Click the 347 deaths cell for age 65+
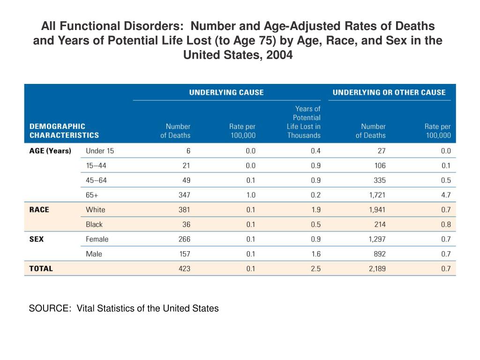point(184,195)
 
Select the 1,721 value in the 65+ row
point(377,195)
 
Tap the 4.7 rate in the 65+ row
point(446,195)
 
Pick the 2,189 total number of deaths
point(377,269)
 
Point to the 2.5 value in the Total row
point(315,269)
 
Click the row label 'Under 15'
point(100,151)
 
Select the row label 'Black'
point(94,225)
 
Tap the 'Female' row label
point(97,239)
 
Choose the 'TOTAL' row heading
point(41,269)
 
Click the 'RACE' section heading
point(39,210)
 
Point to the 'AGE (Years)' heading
point(50,151)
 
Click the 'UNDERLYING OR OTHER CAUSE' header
point(389,92)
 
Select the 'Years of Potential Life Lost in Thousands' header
point(304,122)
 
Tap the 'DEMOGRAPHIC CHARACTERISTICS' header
point(64,131)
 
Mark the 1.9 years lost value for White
point(315,210)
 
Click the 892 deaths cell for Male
point(380,254)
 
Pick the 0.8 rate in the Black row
point(446,225)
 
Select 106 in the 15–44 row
point(380,165)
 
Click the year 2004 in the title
point(279,55)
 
